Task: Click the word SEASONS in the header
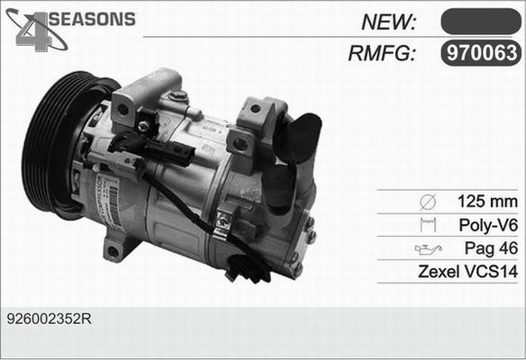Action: point(90,19)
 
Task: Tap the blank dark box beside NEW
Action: point(480,21)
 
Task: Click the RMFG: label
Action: point(381,53)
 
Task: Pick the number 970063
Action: point(480,53)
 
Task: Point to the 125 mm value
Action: point(487,201)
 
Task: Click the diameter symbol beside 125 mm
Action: point(428,201)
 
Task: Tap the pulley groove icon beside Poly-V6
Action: point(428,224)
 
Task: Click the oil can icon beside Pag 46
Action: point(426,248)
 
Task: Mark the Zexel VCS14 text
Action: point(468,271)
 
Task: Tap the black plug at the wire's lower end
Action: point(246,266)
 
